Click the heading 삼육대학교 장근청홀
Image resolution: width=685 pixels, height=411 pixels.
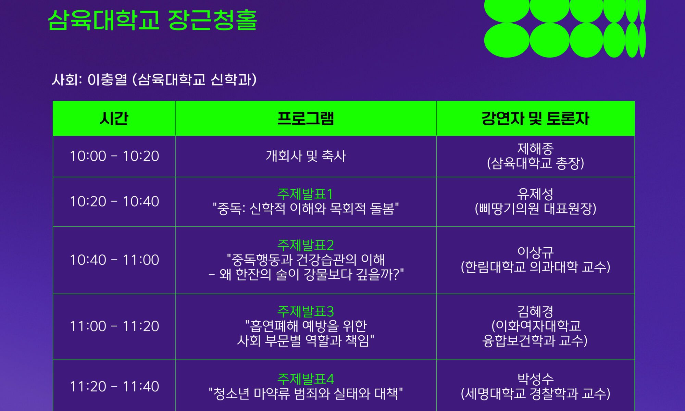tap(152, 20)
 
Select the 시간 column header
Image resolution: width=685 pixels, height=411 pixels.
tap(114, 119)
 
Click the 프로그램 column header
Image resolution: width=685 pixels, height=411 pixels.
tap(306, 119)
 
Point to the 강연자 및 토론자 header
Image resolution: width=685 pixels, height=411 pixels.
tap(535, 119)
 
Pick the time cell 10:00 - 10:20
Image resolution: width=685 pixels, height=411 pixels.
tap(114, 156)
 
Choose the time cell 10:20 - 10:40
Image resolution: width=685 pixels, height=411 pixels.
tap(114, 201)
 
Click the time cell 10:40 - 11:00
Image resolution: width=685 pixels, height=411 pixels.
tap(114, 260)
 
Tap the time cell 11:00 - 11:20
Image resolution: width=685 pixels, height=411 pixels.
tap(114, 326)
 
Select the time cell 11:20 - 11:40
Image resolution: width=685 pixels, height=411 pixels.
tap(114, 387)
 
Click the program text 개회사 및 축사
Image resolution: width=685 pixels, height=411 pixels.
tap(306, 156)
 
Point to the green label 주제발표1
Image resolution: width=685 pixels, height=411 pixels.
tap(305, 194)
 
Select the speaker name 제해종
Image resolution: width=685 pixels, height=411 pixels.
tap(535, 149)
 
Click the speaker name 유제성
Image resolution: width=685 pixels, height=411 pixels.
tap(535, 194)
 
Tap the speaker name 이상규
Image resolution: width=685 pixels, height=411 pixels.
tap(535, 252)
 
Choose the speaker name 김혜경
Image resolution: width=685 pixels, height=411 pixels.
tap(535, 312)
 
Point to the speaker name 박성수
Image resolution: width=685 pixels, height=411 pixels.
tap(535, 379)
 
